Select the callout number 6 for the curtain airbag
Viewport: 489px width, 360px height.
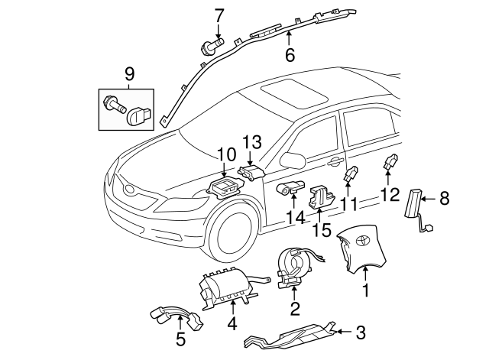[290, 54]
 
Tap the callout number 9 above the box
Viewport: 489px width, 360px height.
[128, 74]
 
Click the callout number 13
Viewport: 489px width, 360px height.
[252, 142]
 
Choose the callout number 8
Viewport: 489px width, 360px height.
[445, 199]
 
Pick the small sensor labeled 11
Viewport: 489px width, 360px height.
[352, 174]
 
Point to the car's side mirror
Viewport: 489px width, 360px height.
[291, 159]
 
